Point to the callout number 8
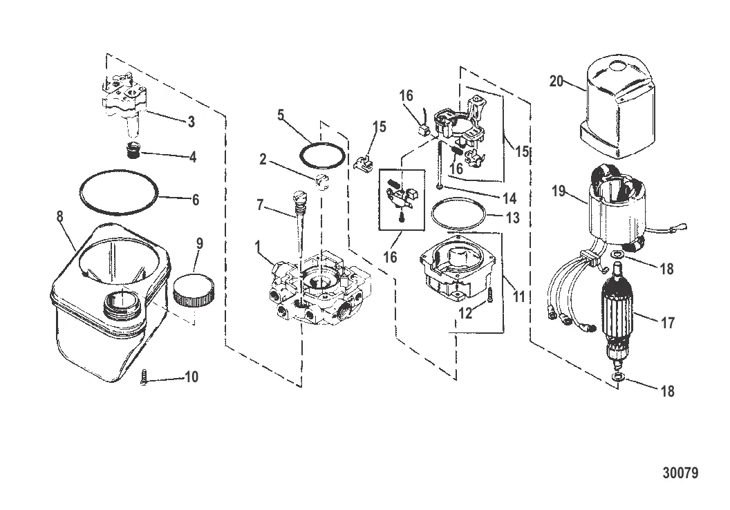tap(60, 216)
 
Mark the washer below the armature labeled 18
tap(617, 377)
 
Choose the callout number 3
tap(191, 122)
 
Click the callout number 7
tap(260, 205)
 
